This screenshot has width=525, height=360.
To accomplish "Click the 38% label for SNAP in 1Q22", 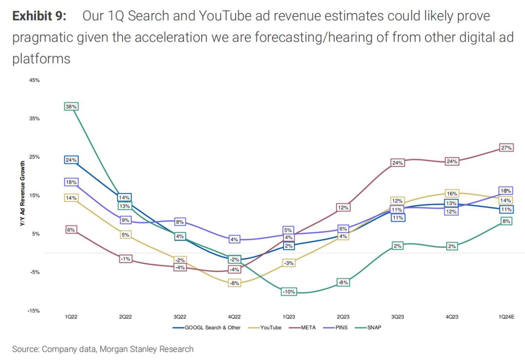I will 71,106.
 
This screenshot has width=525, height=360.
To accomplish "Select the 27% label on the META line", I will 506,148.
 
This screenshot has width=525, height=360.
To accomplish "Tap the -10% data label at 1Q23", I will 288,291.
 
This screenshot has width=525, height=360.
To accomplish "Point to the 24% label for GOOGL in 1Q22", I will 71,160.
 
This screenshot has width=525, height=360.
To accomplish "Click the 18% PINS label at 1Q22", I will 71,182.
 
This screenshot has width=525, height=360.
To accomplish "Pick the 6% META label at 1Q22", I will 71,230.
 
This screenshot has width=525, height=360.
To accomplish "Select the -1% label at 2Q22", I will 125,259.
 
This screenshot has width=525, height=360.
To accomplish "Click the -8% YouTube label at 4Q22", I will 234,283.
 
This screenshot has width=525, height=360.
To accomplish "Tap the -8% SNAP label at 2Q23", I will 343,282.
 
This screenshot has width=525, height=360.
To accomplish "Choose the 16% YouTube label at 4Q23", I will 452,194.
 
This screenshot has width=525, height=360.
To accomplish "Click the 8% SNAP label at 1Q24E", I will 506,222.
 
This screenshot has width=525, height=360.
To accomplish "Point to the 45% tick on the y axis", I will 34,80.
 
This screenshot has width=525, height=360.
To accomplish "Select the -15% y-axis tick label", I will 34,310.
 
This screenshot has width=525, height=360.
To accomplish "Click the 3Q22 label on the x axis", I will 180,317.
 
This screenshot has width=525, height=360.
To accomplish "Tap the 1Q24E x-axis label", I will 506,317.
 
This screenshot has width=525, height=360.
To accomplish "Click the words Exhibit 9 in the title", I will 40,17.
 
